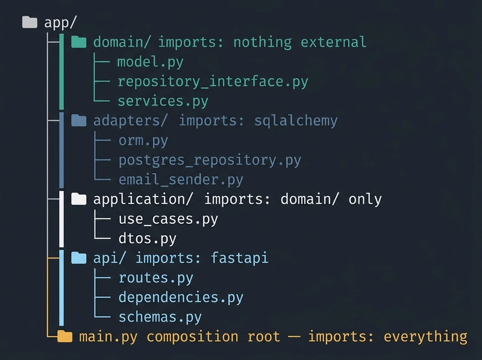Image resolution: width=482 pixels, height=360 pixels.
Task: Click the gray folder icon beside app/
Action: [30, 23]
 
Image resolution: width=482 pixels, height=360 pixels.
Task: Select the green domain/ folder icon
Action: [78, 42]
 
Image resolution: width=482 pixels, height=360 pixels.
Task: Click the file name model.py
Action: [150, 62]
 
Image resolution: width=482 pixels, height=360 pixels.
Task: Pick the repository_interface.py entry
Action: [213, 81]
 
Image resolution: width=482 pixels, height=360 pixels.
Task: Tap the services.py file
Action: [163, 101]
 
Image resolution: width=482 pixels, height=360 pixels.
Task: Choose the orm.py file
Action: [143, 141]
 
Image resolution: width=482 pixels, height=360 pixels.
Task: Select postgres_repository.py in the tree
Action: [209, 160]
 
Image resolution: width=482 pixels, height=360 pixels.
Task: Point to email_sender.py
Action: [180, 180]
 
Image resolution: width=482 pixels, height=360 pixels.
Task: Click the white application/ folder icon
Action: [78, 199]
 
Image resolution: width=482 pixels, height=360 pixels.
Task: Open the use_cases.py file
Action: [168, 219]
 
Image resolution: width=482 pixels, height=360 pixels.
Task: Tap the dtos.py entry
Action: [147, 239]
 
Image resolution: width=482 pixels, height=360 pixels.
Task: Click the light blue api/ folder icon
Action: [78, 258]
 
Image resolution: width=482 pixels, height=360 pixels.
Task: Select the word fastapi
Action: [239, 258]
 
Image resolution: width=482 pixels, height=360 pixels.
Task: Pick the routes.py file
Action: [155, 278]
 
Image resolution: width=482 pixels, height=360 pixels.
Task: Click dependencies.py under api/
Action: [181, 297]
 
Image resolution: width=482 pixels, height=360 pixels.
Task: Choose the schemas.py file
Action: [160, 317]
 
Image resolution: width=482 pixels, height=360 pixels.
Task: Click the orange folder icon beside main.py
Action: [64, 336]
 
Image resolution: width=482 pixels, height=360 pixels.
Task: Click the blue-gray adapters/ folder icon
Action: [78, 121]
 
